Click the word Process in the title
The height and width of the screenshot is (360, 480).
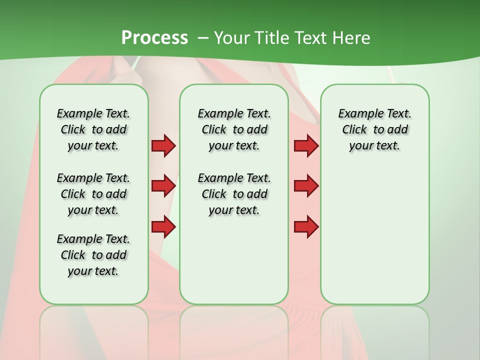pos(154,37)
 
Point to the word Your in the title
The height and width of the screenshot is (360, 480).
pos(232,37)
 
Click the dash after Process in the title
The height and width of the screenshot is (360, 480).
pos(203,38)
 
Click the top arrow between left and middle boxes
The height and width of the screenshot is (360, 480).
pos(163,145)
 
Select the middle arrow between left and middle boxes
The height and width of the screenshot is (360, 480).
pos(163,186)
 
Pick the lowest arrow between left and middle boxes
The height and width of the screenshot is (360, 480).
pos(163,226)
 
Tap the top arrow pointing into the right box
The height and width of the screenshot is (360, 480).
pos(306,145)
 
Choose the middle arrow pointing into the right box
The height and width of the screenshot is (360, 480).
pos(306,186)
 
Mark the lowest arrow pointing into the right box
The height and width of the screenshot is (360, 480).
pos(306,226)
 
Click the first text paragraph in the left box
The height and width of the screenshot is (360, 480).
pos(93,129)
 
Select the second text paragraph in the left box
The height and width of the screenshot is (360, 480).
pos(93,194)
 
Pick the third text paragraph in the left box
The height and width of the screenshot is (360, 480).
pos(93,255)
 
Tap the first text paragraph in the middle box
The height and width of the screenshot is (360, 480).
pos(234,129)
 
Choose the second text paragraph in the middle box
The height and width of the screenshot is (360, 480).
pos(234,194)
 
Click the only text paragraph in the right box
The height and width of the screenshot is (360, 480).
pos(374,129)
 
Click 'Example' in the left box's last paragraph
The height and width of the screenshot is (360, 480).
pos(76,239)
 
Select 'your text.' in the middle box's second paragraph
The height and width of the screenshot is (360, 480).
pos(234,210)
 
